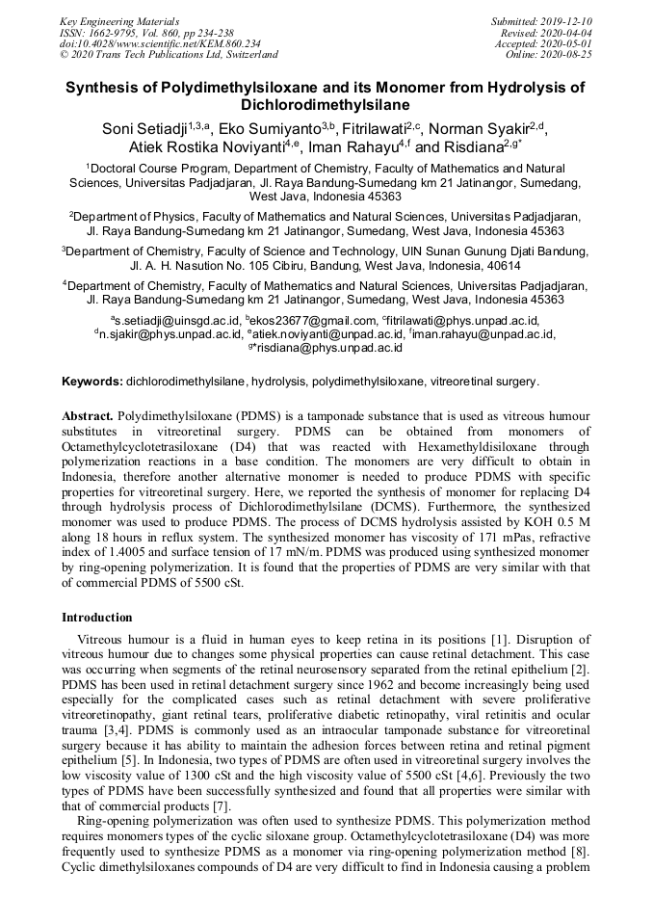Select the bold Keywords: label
point(92,382)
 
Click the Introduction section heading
point(97,618)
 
